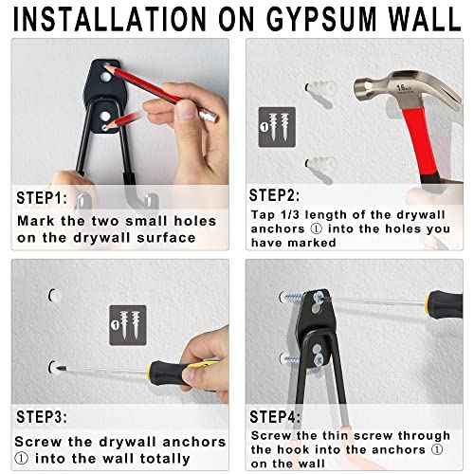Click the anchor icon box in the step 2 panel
pos(276,126)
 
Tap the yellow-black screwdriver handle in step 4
pos(442,302)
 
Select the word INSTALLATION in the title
pos(100,18)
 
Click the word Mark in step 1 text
pos(36,221)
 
